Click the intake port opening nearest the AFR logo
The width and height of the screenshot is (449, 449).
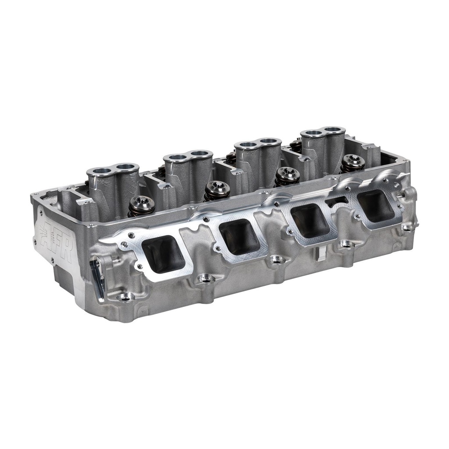coord(163,254)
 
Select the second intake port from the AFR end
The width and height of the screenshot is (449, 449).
coord(239,237)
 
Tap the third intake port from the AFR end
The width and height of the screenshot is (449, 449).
coord(310,220)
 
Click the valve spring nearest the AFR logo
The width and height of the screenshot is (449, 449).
coord(142,205)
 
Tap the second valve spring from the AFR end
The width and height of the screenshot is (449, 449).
coord(217,190)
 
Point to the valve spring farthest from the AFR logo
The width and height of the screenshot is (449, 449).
coord(353,163)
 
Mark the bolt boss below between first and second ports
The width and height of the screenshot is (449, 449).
coord(205,278)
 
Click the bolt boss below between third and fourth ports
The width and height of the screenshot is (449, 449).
coord(346,244)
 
